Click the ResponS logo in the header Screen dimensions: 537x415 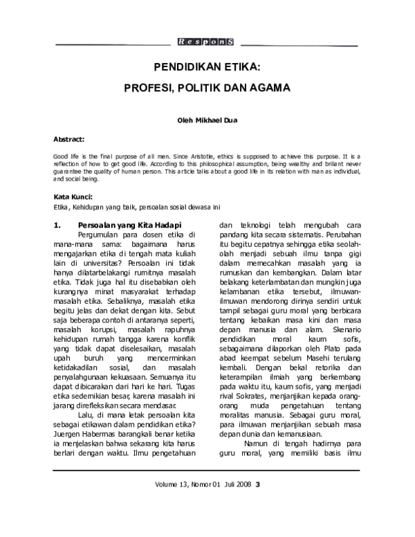click(205, 42)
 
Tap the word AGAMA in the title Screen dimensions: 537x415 click(270, 89)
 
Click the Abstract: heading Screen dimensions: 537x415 click(69, 138)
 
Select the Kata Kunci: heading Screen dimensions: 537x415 click(73, 197)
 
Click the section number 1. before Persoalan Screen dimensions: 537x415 click(58, 225)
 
